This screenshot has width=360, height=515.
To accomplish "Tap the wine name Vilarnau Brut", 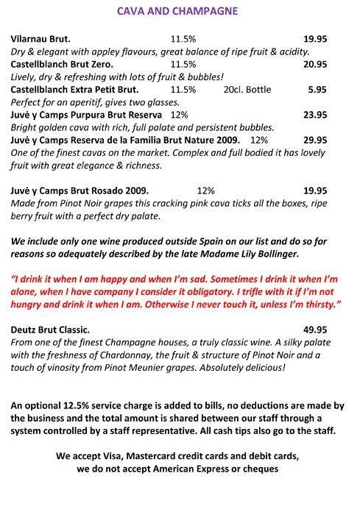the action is click(x=44, y=37).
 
